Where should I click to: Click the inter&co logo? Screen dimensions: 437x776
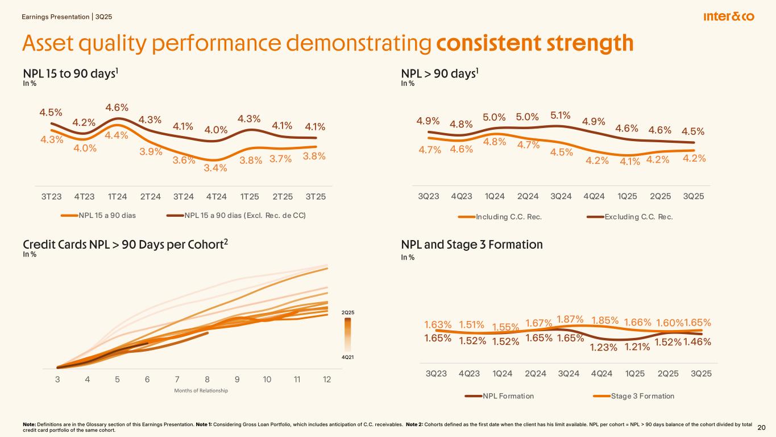pyautogui.click(x=728, y=17)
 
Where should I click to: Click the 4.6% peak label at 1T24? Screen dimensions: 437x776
pyautogui.click(x=117, y=108)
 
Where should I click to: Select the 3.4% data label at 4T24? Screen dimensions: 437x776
pyautogui.click(x=216, y=168)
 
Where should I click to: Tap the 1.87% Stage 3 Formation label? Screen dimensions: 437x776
pyautogui.click(x=570, y=319)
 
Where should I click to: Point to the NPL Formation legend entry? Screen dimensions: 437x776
pyautogui.click(x=508, y=396)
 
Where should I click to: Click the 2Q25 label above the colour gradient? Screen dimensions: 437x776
pyautogui.click(x=348, y=312)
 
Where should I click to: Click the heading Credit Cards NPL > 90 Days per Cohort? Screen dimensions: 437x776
pyautogui.click(x=125, y=244)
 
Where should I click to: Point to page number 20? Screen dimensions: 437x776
pyautogui.click(x=762, y=427)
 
